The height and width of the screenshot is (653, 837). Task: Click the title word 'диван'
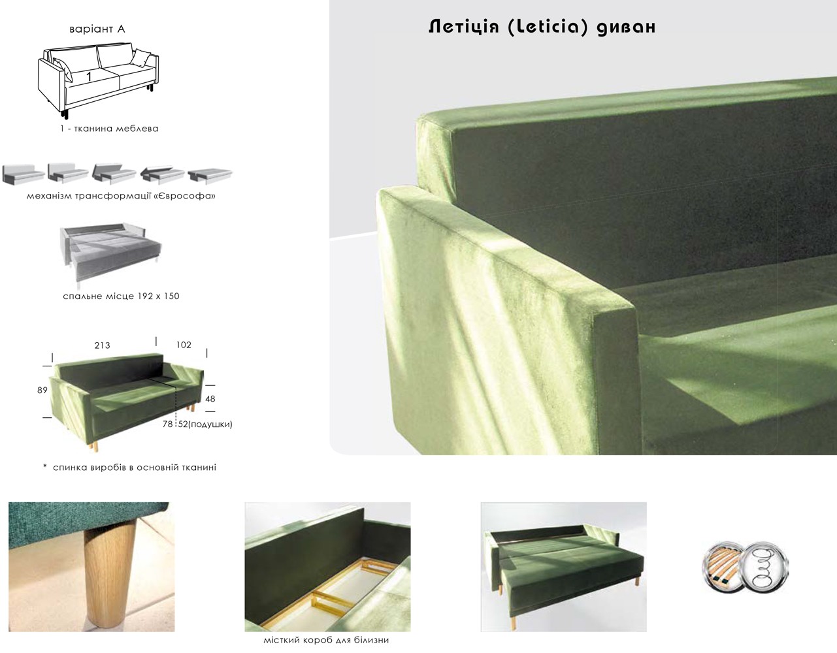pos(626,27)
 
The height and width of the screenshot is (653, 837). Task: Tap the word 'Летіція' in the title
pos(464,27)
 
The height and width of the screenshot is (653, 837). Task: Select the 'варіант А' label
pos(97,29)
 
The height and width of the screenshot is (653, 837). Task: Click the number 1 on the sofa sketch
pos(89,76)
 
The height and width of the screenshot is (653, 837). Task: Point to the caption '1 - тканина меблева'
pos(109,129)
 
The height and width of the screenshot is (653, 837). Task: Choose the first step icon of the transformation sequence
pos(23,174)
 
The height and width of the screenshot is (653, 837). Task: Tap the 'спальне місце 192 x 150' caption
pos(121,296)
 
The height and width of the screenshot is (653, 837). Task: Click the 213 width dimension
pos(102,345)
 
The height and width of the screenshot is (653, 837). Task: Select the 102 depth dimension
pos(184,345)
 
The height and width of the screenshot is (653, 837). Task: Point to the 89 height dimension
pos(42,390)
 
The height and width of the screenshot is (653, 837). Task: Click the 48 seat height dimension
pos(210,398)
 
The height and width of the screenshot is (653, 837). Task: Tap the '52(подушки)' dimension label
pos(205,424)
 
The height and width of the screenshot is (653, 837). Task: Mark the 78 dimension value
pos(167,424)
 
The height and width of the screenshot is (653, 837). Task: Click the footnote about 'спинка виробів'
pos(130,468)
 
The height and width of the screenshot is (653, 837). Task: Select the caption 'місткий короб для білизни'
pos(326,641)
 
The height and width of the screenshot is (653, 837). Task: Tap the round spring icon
pos(765,567)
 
